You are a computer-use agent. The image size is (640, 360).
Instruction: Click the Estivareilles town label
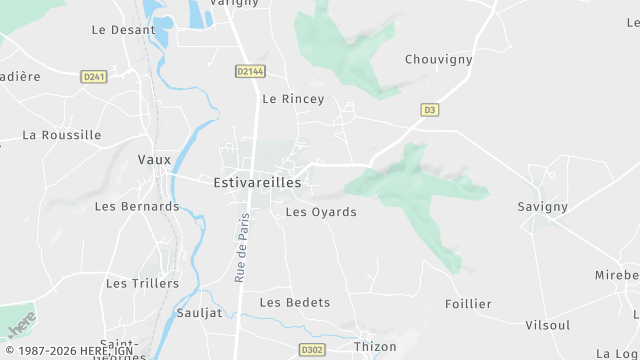tap(257, 183)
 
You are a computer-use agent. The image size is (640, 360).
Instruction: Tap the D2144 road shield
tap(251, 71)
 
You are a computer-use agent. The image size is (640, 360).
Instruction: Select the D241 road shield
tap(93, 76)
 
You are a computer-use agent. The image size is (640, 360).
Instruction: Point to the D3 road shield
tap(430, 109)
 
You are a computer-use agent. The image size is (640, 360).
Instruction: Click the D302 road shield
tap(312, 350)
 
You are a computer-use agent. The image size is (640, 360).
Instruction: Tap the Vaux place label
tap(154, 159)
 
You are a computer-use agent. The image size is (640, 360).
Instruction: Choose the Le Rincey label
tap(293, 99)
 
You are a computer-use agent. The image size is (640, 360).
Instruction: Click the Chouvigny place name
tap(438, 59)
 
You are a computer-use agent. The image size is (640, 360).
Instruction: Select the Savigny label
tap(543, 206)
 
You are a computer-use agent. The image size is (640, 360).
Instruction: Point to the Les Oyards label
tap(321, 212)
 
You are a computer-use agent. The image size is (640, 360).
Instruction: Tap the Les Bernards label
tap(136, 206)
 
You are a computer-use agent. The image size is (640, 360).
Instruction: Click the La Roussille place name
tap(62, 135)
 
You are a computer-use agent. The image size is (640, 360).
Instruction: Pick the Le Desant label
tap(123, 30)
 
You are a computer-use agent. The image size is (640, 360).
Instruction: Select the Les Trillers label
tap(142, 283)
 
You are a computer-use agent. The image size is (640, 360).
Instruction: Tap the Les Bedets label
tap(295, 302)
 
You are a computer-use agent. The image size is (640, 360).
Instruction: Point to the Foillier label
tap(468, 304)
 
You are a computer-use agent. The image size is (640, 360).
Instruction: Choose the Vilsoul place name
tap(548, 325)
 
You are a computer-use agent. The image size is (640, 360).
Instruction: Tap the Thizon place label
tap(375, 346)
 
